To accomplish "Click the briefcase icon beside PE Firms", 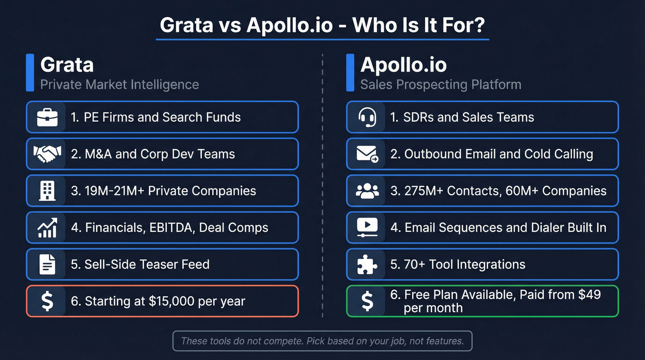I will pyautogui.click(x=47, y=117).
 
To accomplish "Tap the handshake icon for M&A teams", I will pyautogui.click(x=47, y=154).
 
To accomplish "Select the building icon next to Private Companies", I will pyautogui.click(x=47, y=190).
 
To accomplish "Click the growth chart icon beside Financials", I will pyautogui.click(x=47, y=227).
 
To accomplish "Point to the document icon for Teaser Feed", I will pyautogui.click(x=47, y=264).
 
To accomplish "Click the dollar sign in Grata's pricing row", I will pyautogui.click(x=47, y=301).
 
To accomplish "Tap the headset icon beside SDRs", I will pyautogui.click(x=367, y=117).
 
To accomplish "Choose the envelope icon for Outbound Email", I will pyautogui.click(x=367, y=154).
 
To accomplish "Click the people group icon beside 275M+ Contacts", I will pyautogui.click(x=367, y=190).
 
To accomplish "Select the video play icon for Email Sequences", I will pyautogui.click(x=367, y=227).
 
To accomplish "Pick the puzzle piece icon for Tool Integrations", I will pyautogui.click(x=367, y=264).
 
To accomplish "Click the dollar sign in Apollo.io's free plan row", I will pyautogui.click(x=367, y=301).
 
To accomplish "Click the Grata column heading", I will pyautogui.click(x=67, y=65).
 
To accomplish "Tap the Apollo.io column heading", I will pyautogui.click(x=404, y=65).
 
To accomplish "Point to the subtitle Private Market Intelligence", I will pyautogui.click(x=120, y=85).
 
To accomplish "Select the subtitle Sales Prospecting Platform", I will pyautogui.click(x=441, y=85).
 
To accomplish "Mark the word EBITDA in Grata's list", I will pyautogui.click(x=172, y=228).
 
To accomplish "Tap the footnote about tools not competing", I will pyautogui.click(x=322, y=341).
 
